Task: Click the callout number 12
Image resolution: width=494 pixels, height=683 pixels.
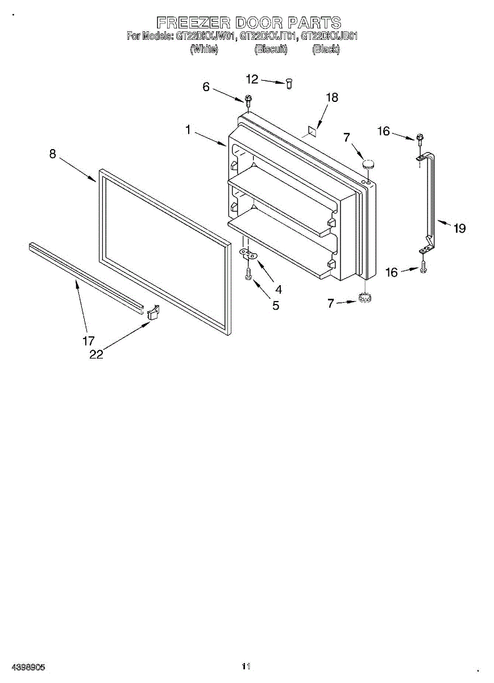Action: click(x=252, y=79)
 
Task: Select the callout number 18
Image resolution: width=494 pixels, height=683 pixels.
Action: click(x=331, y=98)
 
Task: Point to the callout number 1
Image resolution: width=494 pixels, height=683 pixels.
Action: click(x=188, y=130)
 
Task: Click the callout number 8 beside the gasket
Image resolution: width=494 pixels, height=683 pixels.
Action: click(x=52, y=154)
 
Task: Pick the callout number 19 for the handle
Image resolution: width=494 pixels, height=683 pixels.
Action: click(x=459, y=228)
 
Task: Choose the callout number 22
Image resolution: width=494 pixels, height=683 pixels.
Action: click(x=96, y=354)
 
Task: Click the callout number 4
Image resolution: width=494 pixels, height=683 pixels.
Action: click(x=278, y=289)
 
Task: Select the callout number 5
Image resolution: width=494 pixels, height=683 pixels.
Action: click(x=276, y=306)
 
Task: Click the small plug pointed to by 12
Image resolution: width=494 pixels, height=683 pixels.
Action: click(x=289, y=84)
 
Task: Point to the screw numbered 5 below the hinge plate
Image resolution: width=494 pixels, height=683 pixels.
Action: click(x=248, y=275)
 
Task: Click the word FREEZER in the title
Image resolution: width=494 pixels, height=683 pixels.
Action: click(x=192, y=23)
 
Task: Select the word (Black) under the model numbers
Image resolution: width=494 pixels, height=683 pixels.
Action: click(x=326, y=50)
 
